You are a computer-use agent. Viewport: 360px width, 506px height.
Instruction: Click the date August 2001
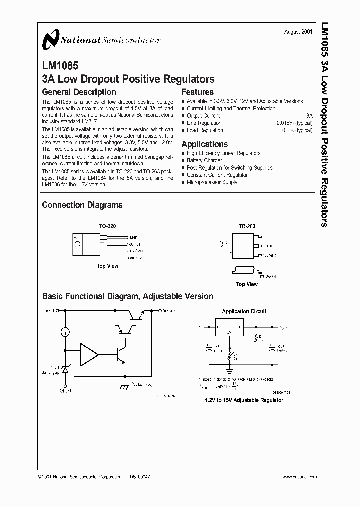[298, 31]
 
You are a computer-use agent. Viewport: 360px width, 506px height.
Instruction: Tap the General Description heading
[79, 92]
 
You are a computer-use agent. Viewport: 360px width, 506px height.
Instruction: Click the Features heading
[197, 92]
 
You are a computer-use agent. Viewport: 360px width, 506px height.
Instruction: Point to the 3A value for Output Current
[309, 116]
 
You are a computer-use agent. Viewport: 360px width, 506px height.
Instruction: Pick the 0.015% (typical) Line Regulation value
[295, 123]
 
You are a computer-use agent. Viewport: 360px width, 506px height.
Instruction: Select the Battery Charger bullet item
[204, 161]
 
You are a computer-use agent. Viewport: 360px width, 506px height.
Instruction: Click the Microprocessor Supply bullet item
[212, 182]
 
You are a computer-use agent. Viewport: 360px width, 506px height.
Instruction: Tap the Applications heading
[204, 144]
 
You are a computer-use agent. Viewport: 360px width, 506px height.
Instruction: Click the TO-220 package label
[107, 226]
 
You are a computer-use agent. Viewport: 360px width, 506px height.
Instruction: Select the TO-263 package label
[247, 226]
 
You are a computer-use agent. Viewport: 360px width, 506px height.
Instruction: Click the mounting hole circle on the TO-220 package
[77, 238]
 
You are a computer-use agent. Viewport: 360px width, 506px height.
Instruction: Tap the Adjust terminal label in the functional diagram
[65, 391]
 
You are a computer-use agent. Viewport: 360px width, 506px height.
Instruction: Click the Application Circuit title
[244, 311]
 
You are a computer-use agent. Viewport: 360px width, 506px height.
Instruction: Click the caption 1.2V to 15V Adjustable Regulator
[244, 400]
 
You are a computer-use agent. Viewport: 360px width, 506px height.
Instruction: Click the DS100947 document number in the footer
[140, 477]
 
